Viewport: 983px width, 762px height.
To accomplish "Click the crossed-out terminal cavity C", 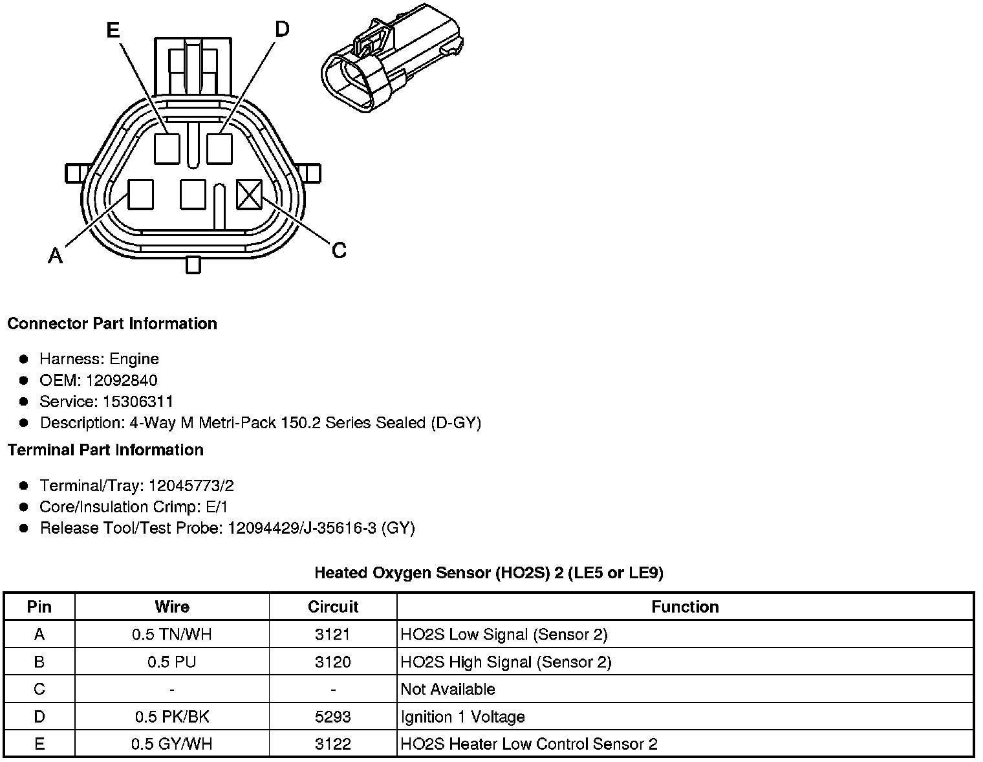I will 249,194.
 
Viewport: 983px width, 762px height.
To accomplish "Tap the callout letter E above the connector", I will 113,30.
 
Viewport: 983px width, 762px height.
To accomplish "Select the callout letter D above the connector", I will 282,29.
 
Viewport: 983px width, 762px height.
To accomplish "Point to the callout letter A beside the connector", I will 56,257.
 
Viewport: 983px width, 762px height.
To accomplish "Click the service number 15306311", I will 138,402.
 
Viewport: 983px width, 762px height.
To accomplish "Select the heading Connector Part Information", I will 112,323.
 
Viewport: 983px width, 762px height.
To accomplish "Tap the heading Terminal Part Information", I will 105,450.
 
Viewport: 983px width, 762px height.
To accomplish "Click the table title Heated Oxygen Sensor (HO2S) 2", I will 488,572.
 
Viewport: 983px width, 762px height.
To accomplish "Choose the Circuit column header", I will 333,607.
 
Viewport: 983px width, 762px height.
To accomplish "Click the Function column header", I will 685,607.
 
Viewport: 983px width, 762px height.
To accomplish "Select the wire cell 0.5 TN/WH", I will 172,635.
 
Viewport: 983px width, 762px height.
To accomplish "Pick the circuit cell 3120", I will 333,662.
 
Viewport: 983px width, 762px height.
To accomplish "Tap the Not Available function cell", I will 448,689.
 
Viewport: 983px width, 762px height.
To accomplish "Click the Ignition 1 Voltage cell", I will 462,717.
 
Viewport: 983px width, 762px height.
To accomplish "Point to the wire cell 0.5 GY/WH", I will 172,744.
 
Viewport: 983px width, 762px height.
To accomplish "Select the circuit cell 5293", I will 333,717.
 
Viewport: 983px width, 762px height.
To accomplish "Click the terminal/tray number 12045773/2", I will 191,486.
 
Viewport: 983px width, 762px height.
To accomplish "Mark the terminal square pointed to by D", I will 219,148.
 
